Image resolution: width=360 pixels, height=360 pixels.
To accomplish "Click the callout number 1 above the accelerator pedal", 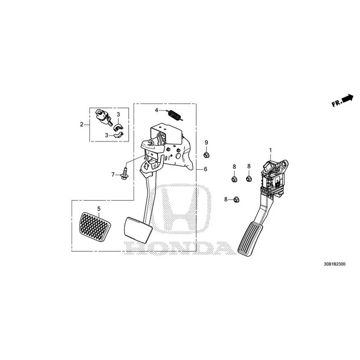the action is (270, 150).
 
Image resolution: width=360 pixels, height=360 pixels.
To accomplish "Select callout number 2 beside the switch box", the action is (81, 125).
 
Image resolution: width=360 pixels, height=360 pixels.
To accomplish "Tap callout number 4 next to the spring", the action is (156, 110).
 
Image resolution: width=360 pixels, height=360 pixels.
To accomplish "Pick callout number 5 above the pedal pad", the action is (99, 209).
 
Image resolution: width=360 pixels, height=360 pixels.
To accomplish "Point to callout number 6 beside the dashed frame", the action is (205, 169).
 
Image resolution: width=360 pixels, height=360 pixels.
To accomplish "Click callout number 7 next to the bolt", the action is (113, 175).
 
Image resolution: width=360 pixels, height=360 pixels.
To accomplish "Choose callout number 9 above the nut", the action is (206, 142).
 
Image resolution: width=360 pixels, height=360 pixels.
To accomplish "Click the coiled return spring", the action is (175, 115).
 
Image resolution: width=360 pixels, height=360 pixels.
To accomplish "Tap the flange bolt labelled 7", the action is (125, 174).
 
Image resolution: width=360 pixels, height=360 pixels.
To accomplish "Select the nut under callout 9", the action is (207, 155).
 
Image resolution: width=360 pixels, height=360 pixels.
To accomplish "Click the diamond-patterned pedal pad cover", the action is (95, 227).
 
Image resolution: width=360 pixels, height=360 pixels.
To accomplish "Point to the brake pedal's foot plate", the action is (138, 230).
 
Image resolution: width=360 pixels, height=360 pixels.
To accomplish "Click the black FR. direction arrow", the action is (347, 98).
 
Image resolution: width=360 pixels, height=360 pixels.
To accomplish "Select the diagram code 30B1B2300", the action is (334, 264).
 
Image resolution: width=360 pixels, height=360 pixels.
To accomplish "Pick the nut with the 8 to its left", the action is (236, 200).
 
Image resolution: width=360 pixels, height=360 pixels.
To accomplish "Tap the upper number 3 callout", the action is (118, 114).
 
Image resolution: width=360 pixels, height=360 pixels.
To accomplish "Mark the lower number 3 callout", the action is (107, 135).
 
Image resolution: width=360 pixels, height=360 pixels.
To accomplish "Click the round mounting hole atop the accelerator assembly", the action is (284, 164).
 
